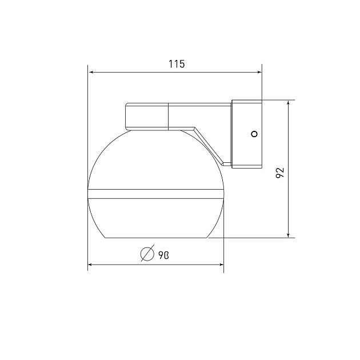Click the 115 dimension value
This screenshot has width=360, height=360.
(x=177, y=64)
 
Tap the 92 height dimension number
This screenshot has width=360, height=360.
(x=280, y=173)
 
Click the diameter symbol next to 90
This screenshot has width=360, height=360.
(x=147, y=253)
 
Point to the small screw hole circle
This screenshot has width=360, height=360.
(x=255, y=134)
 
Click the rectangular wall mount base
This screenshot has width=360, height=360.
(x=246, y=134)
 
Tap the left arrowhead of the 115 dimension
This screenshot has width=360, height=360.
(x=91, y=73)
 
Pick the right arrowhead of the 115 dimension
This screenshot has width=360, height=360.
(x=258, y=73)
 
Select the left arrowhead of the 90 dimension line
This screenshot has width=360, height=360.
(x=91, y=265)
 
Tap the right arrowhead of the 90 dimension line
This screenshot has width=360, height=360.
(x=221, y=265)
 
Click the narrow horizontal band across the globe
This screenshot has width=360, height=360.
(x=155, y=193)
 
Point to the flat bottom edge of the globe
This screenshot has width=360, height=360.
(x=155, y=237)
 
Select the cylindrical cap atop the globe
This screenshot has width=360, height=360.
(x=147, y=117)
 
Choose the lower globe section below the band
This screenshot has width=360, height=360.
(x=155, y=217)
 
